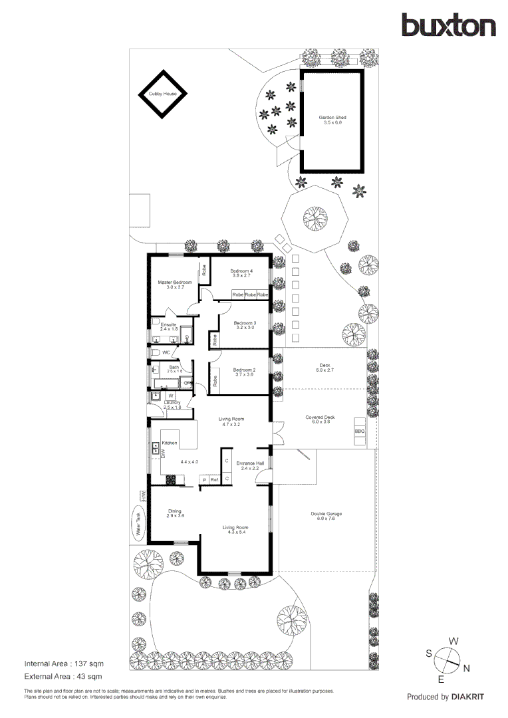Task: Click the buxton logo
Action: [448, 25]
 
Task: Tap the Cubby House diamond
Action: [163, 94]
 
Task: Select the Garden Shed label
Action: [332, 120]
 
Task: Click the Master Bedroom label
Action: [174, 285]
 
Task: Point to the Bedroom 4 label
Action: [241, 273]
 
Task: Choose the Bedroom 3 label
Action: [245, 325]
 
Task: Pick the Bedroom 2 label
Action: [244, 372]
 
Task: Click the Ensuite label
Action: [169, 326]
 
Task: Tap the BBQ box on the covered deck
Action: [360, 431]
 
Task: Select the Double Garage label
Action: [326, 516]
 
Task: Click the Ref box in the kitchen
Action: [214, 479]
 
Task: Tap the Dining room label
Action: [174, 513]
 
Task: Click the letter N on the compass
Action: [467, 667]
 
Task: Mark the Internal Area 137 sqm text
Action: [64, 663]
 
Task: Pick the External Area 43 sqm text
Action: [63, 677]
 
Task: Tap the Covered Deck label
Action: [320, 419]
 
